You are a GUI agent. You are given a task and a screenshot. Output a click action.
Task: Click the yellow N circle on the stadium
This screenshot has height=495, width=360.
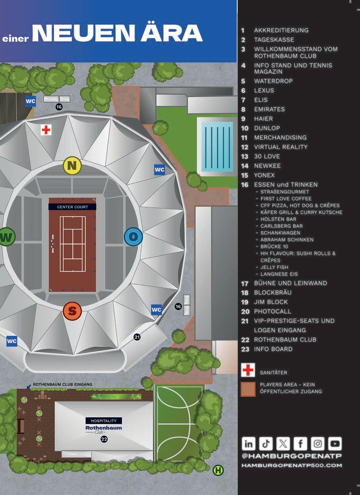click(72, 166)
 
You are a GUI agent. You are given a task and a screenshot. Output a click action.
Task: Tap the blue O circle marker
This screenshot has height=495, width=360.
click(133, 237)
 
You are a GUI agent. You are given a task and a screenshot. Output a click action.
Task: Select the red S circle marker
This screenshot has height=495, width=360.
click(72, 311)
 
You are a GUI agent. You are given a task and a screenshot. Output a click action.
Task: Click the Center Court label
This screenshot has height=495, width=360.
click(72, 207)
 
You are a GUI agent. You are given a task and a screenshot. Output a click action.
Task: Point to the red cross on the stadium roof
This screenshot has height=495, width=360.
click(46, 130)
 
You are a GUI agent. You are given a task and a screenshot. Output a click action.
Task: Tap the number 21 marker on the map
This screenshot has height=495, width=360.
click(137, 337)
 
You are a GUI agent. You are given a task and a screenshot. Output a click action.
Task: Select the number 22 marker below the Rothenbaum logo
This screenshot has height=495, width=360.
click(104, 439)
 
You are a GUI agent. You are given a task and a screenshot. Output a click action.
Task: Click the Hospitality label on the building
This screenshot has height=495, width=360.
click(104, 421)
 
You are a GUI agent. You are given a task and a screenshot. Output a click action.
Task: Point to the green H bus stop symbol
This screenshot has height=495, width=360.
click(218, 470)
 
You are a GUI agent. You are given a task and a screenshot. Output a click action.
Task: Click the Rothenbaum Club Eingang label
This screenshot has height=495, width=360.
click(62, 384)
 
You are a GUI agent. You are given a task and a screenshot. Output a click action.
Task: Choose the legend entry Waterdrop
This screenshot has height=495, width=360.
click(273, 81)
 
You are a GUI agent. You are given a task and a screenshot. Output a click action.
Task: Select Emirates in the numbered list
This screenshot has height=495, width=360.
click(269, 109)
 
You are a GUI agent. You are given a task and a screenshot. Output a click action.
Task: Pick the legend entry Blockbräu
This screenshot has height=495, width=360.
click(273, 293)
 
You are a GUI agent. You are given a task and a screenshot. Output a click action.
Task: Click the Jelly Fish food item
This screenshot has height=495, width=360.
click(274, 267)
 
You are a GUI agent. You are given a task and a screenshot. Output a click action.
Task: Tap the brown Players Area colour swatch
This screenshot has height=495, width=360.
click(248, 389)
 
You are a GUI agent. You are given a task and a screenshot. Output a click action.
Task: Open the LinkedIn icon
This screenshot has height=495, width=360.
click(249, 443)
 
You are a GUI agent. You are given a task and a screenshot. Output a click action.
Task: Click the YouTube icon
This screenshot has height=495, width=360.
click(335, 443)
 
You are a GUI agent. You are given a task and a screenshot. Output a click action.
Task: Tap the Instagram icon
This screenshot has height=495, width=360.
click(318, 443)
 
